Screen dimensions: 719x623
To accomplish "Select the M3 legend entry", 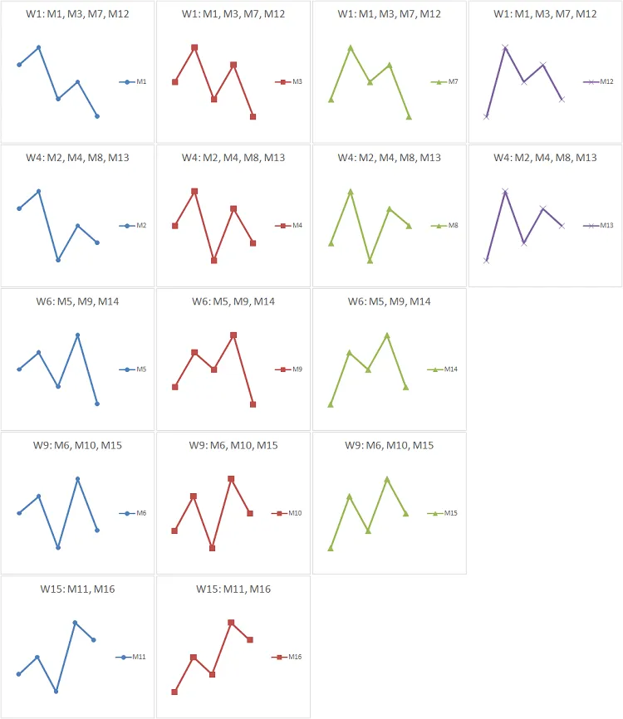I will tap(290, 81).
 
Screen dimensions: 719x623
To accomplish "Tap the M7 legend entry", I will tap(446, 81).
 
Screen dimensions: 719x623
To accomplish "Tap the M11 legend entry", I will tap(132, 657).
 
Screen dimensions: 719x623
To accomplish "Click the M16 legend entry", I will tap(287, 657).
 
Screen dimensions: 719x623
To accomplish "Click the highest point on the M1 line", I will tap(38, 47).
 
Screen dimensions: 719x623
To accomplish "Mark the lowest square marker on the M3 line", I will tap(253, 117).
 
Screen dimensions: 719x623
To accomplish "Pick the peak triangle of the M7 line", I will tap(351, 47).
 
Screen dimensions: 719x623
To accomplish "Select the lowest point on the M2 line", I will tap(58, 260).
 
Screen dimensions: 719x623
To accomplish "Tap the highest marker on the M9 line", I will tap(233, 335).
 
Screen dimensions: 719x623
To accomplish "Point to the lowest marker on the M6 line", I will tap(58, 547).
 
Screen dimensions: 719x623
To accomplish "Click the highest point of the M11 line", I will tap(75, 622).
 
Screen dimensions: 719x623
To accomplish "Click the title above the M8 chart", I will tap(389, 158).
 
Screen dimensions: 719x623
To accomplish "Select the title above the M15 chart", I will tap(389, 445).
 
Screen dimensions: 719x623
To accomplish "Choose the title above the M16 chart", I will tap(233, 589).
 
